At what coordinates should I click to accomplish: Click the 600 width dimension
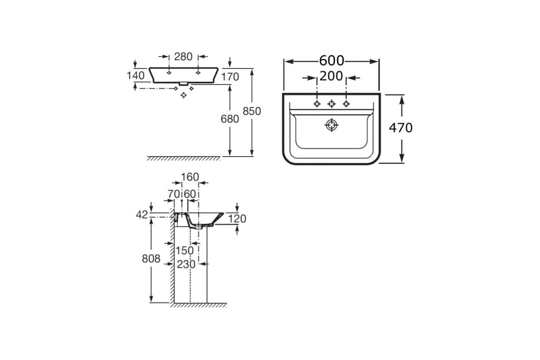tap(332, 60)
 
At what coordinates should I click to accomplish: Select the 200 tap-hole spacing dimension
tap(331, 76)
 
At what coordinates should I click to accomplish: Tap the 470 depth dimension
tap(400, 128)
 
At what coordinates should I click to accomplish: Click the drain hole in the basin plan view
tap(332, 125)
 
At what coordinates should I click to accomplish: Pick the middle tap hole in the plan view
tap(332, 103)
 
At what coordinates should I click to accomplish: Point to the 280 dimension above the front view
tap(183, 57)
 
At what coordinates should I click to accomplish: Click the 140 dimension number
tap(135, 76)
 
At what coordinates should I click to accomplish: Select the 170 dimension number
tap(230, 77)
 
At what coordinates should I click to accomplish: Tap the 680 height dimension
tap(230, 119)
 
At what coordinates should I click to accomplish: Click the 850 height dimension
tap(252, 111)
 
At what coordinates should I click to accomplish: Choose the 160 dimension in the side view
tap(190, 177)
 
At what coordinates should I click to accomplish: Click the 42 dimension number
tap(142, 215)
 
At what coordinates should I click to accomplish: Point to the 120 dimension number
tap(237, 219)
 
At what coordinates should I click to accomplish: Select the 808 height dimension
tap(151, 259)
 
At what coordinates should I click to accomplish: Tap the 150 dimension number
tap(184, 251)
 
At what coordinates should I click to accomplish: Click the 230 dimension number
tap(186, 264)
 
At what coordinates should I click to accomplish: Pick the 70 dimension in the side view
tap(174, 194)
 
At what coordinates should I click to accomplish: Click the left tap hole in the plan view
tap(317, 103)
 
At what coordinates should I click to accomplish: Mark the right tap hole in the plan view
tap(346, 103)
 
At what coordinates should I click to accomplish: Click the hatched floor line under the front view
tap(184, 158)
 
